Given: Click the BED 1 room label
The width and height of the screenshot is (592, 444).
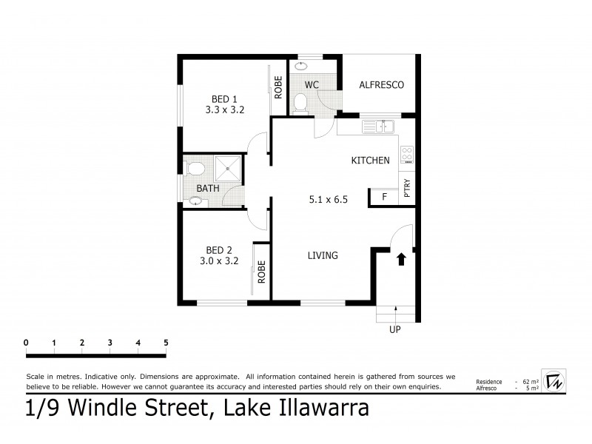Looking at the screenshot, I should [x=225, y=98].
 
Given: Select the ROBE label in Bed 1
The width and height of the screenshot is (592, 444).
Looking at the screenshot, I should [x=278, y=88].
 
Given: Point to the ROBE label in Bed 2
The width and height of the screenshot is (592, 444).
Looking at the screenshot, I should [x=262, y=272].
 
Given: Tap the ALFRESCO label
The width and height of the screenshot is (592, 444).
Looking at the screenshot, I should [x=381, y=85].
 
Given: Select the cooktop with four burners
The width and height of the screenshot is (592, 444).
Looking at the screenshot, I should [x=406, y=154].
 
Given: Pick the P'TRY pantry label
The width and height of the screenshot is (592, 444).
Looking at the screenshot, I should [x=407, y=190].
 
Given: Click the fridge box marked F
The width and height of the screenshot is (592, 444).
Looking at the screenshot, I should [x=384, y=197].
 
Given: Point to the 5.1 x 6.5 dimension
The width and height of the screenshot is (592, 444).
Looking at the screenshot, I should [x=328, y=198].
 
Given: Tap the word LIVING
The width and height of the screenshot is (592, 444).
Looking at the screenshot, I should [x=323, y=256].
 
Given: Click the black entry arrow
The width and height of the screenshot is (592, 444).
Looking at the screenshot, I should [x=401, y=259].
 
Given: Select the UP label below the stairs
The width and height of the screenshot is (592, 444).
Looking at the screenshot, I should [x=394, y=330].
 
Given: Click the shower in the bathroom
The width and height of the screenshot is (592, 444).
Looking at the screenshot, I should [x=228, y=169].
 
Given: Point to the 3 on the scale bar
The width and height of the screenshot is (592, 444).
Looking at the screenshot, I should [x=110, y=343].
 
